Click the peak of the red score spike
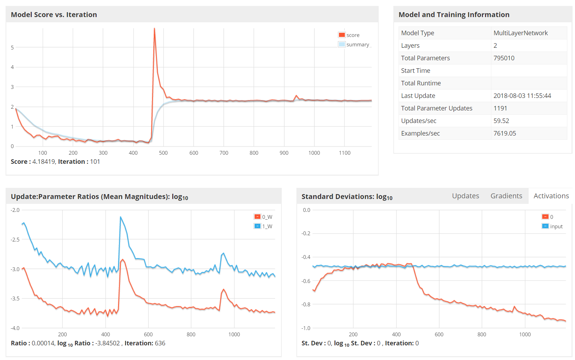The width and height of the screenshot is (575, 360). point(154,29)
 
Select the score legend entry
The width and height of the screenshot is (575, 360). point(349,35)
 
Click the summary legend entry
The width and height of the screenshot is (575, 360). point(354,45)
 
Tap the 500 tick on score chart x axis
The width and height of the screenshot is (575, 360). point(163,153)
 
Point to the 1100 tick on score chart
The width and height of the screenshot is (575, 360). point(345,153)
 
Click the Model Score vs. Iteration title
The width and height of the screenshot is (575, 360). point(54,15)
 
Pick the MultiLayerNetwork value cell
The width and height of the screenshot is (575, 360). point(521,33)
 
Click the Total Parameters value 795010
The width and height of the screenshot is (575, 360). point(504,58)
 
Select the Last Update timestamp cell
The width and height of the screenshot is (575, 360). point(522,96)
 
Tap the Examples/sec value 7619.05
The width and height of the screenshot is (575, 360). point(505,133)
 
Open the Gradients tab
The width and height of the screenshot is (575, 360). point(506,196)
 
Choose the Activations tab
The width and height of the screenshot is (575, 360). point(551,196)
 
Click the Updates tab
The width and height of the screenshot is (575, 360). point(465,196)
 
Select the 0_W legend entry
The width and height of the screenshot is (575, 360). point(264,217)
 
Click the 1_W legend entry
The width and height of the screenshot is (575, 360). point(264,226)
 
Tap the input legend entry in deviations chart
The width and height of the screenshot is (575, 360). point(553,226)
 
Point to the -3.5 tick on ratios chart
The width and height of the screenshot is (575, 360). point(15,298)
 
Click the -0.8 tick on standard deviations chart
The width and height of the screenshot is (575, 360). point(306,304)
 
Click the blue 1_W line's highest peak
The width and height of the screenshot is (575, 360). point(121,217)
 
